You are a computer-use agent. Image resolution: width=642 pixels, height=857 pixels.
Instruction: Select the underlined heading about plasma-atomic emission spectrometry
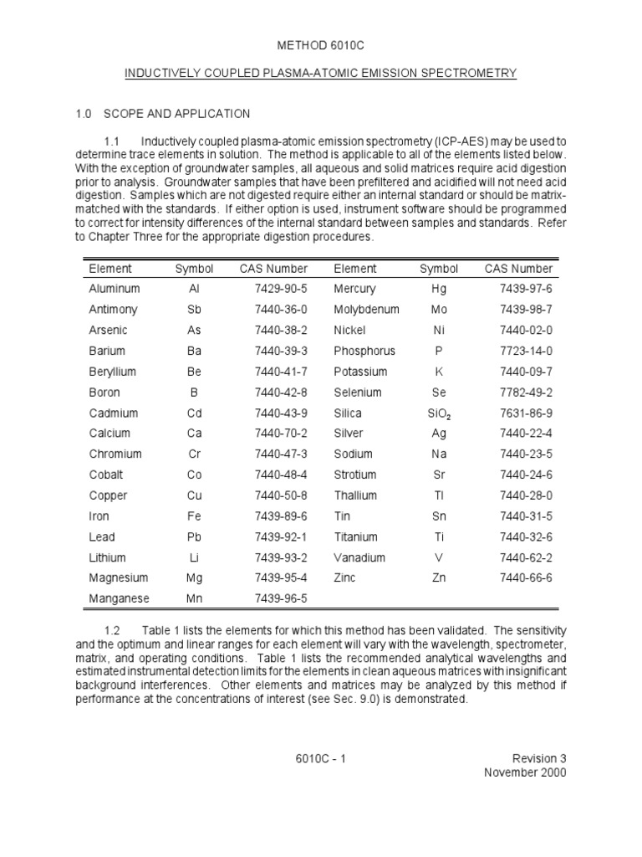320,74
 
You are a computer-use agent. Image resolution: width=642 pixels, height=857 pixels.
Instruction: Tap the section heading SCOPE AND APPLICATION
175,114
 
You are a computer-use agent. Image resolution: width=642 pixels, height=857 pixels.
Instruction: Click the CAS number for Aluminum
282,289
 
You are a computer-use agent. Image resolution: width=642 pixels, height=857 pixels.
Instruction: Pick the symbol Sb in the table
194,310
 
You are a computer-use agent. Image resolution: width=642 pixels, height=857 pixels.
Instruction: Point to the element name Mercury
354,289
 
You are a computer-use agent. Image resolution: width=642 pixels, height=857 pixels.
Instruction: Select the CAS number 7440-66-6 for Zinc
526,578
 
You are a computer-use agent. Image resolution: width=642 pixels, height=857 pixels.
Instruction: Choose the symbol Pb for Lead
194,537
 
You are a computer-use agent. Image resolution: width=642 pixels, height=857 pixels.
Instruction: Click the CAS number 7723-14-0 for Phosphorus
526,352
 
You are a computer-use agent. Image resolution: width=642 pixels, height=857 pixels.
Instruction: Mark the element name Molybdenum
366,310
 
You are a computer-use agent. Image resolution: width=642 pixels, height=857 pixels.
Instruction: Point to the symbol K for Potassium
439,372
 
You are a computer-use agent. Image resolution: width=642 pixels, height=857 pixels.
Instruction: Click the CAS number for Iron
282,516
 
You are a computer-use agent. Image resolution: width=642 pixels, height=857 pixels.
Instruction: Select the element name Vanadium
359,557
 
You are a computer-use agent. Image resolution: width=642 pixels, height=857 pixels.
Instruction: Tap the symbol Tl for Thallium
439,495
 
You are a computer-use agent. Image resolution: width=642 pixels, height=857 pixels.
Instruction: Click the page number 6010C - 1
320,759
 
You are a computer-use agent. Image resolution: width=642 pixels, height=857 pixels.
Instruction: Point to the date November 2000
525,772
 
